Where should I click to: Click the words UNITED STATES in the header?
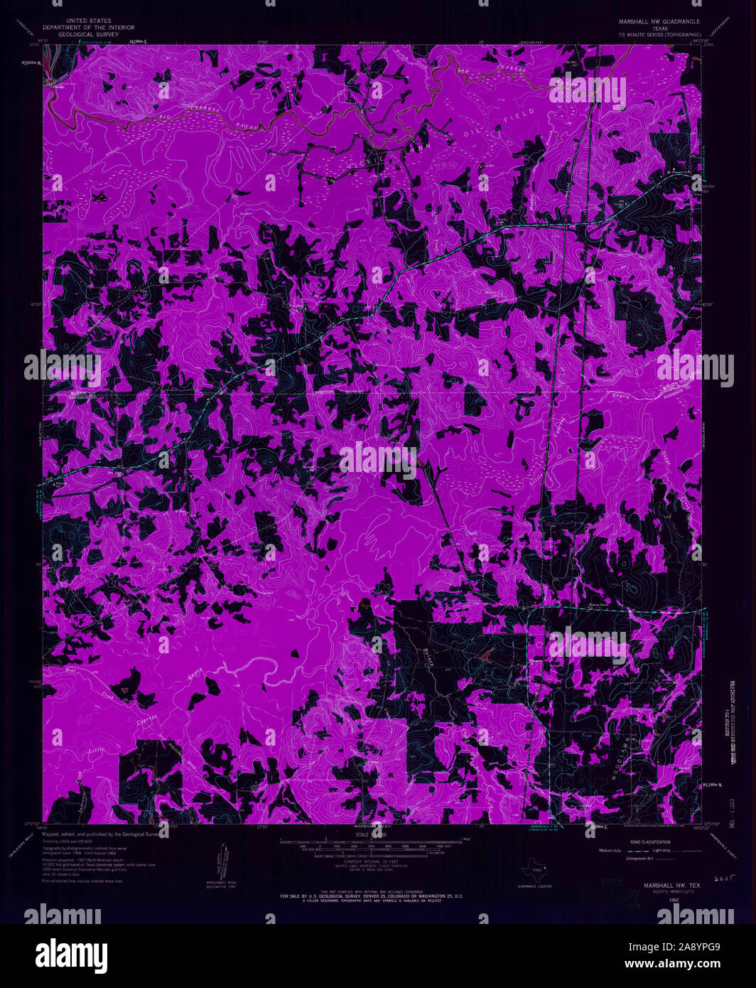point(88,21)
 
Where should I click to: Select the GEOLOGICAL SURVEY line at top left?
point(88,34)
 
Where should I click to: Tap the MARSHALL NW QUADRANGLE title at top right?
point(659,21)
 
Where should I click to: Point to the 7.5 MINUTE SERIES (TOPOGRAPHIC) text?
point(659,34)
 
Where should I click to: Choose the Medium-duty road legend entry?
point(610,850)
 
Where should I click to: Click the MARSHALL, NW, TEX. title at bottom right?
point(672,886)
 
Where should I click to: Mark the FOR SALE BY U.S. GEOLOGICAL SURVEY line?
point(372,897)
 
